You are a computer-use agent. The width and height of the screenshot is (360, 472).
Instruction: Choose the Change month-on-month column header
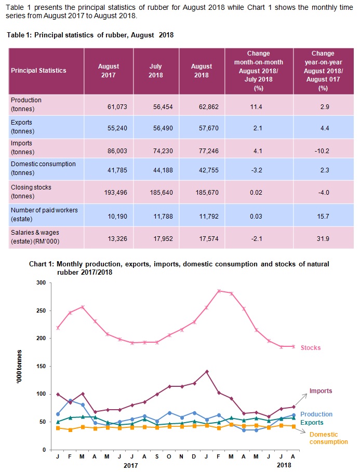(259, 71)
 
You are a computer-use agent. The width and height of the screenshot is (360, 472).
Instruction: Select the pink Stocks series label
(311, 348)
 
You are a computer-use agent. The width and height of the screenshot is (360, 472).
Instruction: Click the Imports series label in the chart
(321, 390)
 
